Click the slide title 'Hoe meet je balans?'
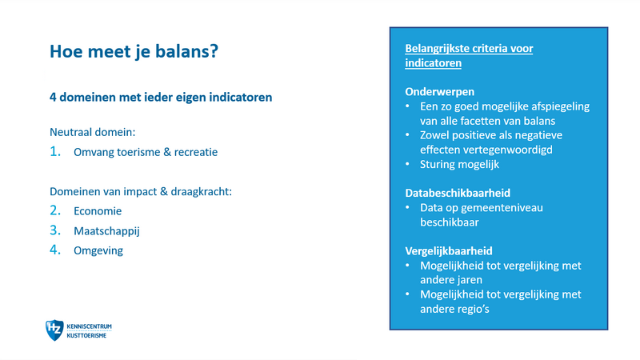(134, 52)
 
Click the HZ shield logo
(54, 330)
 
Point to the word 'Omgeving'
(98, 250)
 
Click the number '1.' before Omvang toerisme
(55, 151)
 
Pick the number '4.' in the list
(55, 250)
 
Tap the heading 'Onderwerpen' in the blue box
(440, 91)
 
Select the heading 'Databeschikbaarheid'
(458, 193)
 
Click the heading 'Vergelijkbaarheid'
(448, 250)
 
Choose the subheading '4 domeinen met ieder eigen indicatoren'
(161, 98)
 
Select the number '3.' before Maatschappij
(55, 231)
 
